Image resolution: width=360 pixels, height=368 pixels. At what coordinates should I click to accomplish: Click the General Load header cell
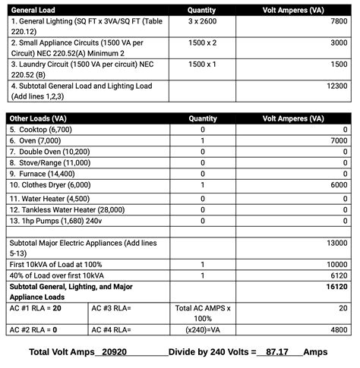34,11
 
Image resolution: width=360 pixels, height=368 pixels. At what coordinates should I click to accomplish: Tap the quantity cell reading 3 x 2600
202,22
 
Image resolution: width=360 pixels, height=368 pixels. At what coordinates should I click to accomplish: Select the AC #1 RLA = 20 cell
36,308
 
